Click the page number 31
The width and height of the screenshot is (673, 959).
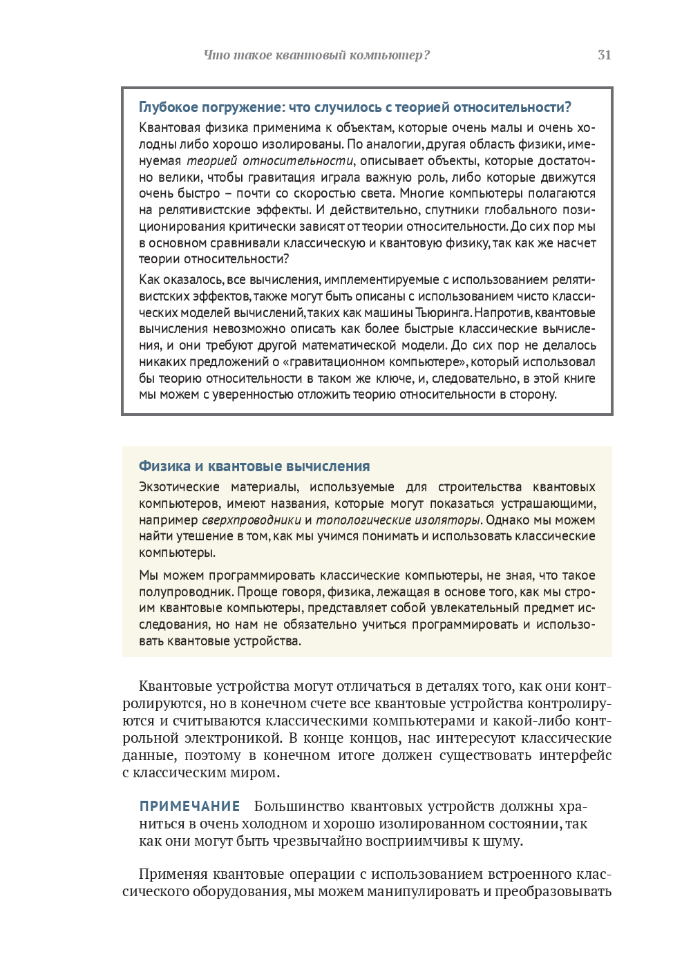[x=604, y=55]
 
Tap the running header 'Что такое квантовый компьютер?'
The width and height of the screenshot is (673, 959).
[x=316, y=55]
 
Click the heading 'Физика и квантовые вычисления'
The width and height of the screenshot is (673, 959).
[x=254, y=466]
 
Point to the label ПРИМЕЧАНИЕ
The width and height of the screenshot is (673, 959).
[x=189, y=806]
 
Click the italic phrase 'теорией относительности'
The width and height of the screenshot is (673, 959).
[x=270, y=161]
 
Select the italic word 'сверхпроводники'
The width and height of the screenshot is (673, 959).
[x=252, y=520]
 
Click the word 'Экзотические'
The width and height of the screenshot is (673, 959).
[x=179, y=487]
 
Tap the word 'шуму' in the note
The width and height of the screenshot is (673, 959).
[x=505, y=841]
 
